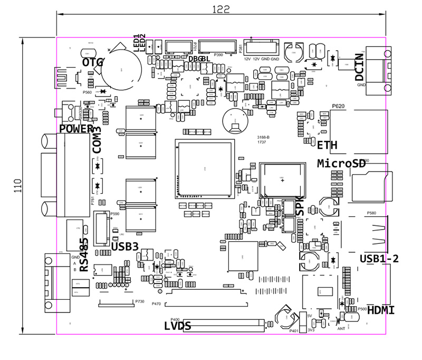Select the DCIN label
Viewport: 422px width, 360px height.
point(360,67)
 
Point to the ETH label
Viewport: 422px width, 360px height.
point(327,144)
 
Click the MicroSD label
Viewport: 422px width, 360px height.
point(341,164)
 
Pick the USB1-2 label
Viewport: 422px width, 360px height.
point(378,259)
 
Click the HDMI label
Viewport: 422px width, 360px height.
point(380,310)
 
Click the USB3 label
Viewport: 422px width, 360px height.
point(125,245)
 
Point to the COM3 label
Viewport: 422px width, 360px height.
point(97,140)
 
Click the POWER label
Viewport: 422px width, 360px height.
point(76,129)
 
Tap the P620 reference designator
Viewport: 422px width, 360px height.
point(338,106)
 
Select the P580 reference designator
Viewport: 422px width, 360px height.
point(372,213)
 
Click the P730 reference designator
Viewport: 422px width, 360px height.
point(140,301)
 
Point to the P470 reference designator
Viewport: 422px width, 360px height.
point(156,304)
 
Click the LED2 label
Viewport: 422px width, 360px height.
point(143,42)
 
